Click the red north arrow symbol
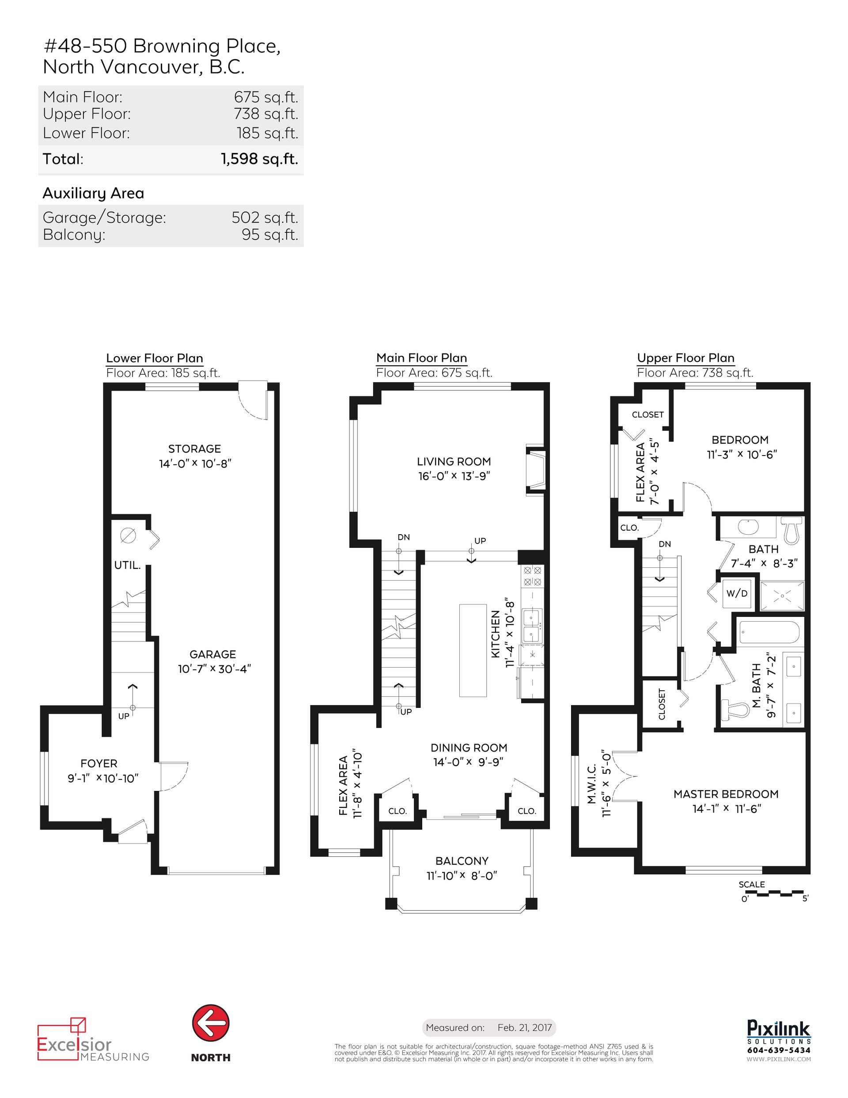pyautogui.click(x=211, y=1023)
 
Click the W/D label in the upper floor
pyautogui.click(x=736, y=593)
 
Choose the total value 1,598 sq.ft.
pyautogui.click(x=259, y=159)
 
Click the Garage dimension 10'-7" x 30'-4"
pyautogui.click(x=214, y=669)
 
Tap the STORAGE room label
pyautogui.click(x=194, y=448)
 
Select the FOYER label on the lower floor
pyautogui.click(x=99, y=763)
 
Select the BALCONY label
pyautogui.click(x=462, y=861)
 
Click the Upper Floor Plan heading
pyautogui.click(x=685, y=358)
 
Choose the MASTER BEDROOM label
pyautogui.click(x=726, y=794)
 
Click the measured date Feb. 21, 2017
pyautogui.click(x=524, y=1028)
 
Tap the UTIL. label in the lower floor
pyautogui.click(x=127, y=565)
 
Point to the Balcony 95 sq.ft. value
pyautogui.click(x=270, y=235)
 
